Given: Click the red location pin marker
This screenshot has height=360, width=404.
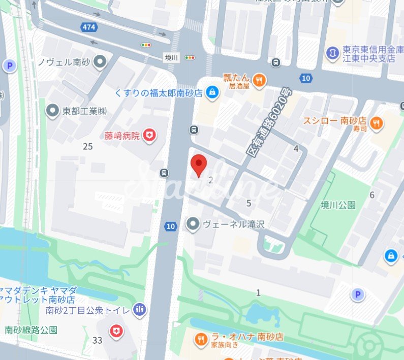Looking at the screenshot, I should point(199,165).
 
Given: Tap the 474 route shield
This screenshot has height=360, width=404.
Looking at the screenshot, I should point(88,26).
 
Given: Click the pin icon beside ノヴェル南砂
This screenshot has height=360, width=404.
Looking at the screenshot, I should point(101,62).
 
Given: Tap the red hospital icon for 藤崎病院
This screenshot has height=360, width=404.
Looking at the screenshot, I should point(150,135).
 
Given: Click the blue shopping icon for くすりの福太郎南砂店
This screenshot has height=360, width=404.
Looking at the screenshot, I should point(212,92).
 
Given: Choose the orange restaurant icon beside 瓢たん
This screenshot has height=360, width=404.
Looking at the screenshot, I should point(259,80).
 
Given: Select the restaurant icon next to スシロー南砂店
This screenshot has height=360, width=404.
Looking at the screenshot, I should point(377,122).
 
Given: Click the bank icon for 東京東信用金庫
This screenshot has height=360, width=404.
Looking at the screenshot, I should point(332,52).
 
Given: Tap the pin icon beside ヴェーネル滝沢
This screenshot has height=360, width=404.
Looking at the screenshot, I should point(193,223).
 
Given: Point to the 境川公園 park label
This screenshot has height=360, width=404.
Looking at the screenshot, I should point(338,205).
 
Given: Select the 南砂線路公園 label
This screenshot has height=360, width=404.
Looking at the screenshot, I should point(30,330).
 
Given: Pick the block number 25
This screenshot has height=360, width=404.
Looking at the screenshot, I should point(88,146).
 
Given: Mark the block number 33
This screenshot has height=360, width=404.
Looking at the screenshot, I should point(98,340).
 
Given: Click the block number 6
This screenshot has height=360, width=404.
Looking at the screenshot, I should point(372,195).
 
